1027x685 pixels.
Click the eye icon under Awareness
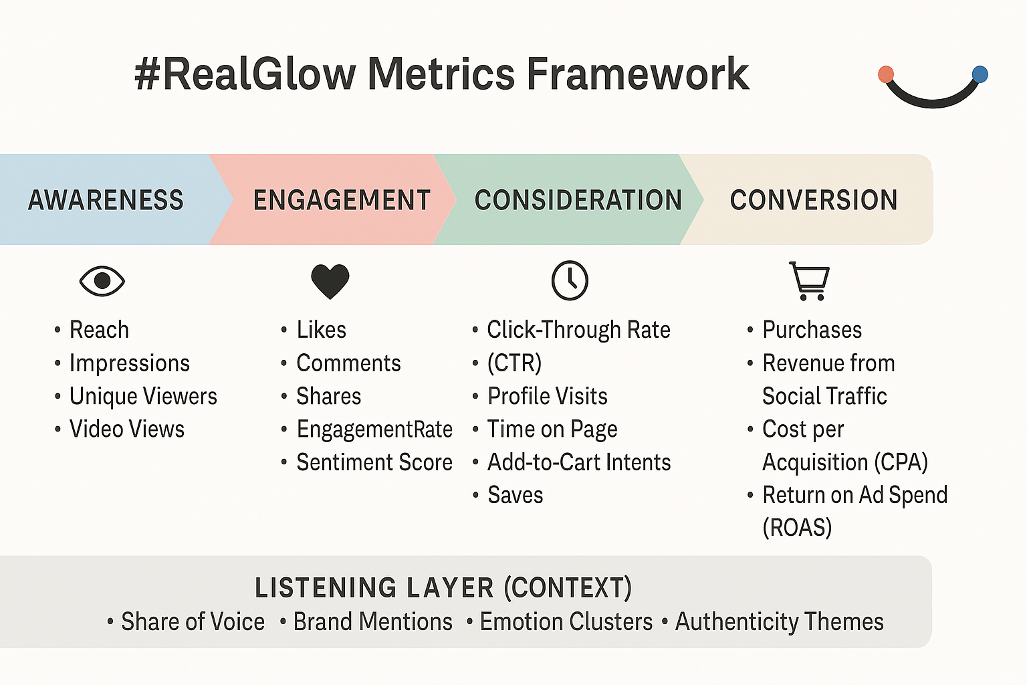click(x=102, y=281)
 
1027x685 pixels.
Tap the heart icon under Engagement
click(x=330, y=281)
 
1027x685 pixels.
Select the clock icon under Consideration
click(x=570, y=280)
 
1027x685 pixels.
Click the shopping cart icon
click(x=809, y=281)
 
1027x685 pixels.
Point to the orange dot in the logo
click(x=886, y=74)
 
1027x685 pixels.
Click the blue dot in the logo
click(x=980, y=74)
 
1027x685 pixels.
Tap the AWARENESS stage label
click(x=106, y=200)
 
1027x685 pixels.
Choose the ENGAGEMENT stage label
click(x=342, y=200)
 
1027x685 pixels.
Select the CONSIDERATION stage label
click(x=578, y=200)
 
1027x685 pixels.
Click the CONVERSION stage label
click(x=814, y=200)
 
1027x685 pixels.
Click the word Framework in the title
click(x=638, y=74)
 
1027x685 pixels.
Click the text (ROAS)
click(x=797, y=527)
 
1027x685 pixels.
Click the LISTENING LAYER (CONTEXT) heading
click(x=443, y=588)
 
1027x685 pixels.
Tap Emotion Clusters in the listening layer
click(x=566, y=621)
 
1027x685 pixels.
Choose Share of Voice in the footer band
click(x=193, y=621)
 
